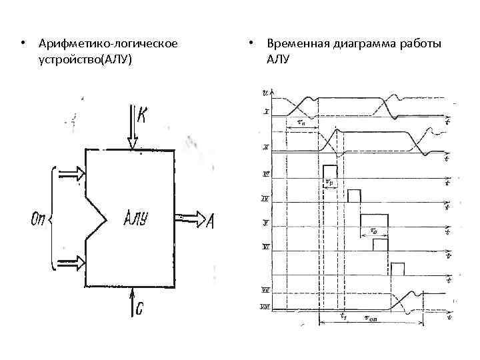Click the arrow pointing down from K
point(131,127)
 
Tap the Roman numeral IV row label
point(265,199)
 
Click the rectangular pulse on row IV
point(353,195)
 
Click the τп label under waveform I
point(301,123)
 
